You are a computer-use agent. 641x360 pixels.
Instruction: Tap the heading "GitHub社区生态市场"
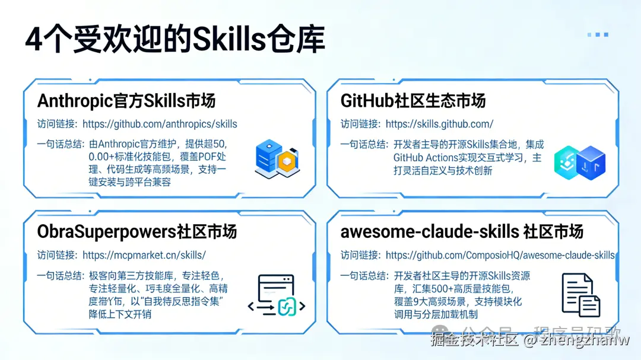pyautogui.click(x=413, y=100)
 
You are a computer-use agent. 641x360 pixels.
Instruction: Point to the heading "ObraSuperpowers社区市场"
pyautogui.click(x=137, y=231)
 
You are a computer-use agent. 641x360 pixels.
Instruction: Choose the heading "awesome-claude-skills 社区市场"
pyautogui.click(x=462, y=231)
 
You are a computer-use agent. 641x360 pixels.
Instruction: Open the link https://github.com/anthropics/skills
pyautogui.click(x=160, y=124)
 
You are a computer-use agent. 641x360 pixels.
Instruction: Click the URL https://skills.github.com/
pyautogui.click(x=439, y=124)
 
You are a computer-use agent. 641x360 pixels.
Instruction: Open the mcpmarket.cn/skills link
pyautogui.click(x=144, y=255)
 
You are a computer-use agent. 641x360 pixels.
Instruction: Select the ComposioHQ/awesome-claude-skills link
pyautogui.click(x=500, y=255)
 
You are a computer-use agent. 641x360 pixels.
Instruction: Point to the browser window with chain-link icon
pyautogui.click(x=276, y=295)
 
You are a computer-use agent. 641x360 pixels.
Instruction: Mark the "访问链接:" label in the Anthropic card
pyautogui.click(x=57, y=124)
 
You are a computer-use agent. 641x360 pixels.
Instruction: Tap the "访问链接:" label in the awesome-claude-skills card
pyautogui.click(x=360, y=255)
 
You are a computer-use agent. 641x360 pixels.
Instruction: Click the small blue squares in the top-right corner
pyautogui.click(x=598, y=34)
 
